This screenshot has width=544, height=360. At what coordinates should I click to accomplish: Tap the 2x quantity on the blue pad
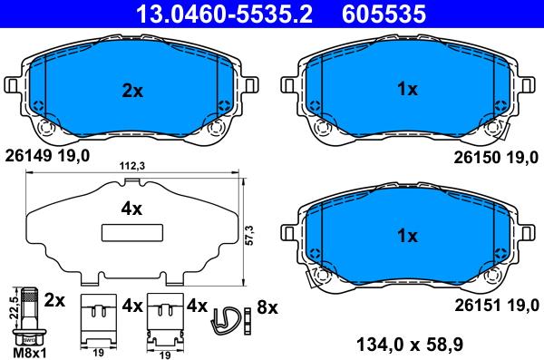click(x=132, y=90)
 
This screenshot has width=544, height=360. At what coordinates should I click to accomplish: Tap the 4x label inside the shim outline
click(x=132, y=209)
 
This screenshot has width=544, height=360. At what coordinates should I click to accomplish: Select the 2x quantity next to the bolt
click(x=55, y=299)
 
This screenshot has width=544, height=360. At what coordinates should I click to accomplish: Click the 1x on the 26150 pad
click(x=407, y=90)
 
